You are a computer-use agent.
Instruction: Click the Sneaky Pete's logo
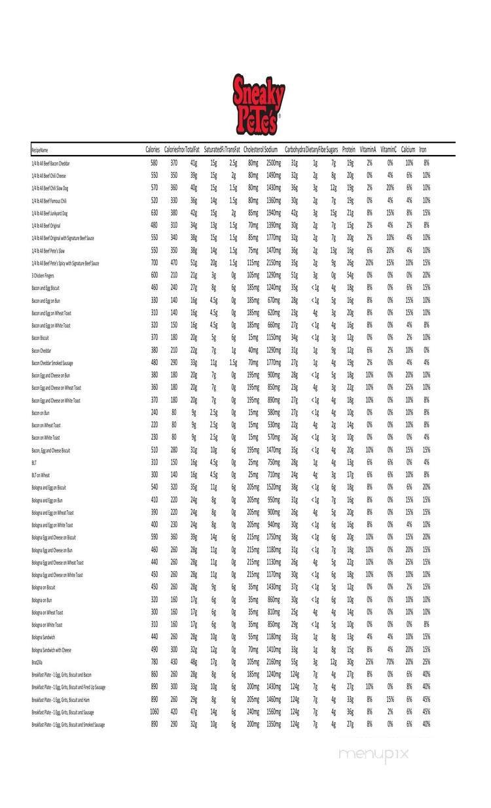pos(259,103)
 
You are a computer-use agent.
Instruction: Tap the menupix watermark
pos(373,753)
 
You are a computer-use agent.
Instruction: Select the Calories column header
pos(153,150)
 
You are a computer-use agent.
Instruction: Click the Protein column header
pos(349,150)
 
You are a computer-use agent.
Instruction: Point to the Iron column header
pos(423,150)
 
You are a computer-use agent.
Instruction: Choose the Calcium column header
pos(408,150)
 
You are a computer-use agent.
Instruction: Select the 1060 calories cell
pos(154,712)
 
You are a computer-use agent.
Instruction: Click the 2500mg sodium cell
pos(273,163)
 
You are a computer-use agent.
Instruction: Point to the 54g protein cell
pos(350,275)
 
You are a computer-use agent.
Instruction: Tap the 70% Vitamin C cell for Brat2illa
pos(390,662)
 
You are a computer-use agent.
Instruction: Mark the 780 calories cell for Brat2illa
pos(154,662)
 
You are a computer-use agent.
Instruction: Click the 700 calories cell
pos(154,263)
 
